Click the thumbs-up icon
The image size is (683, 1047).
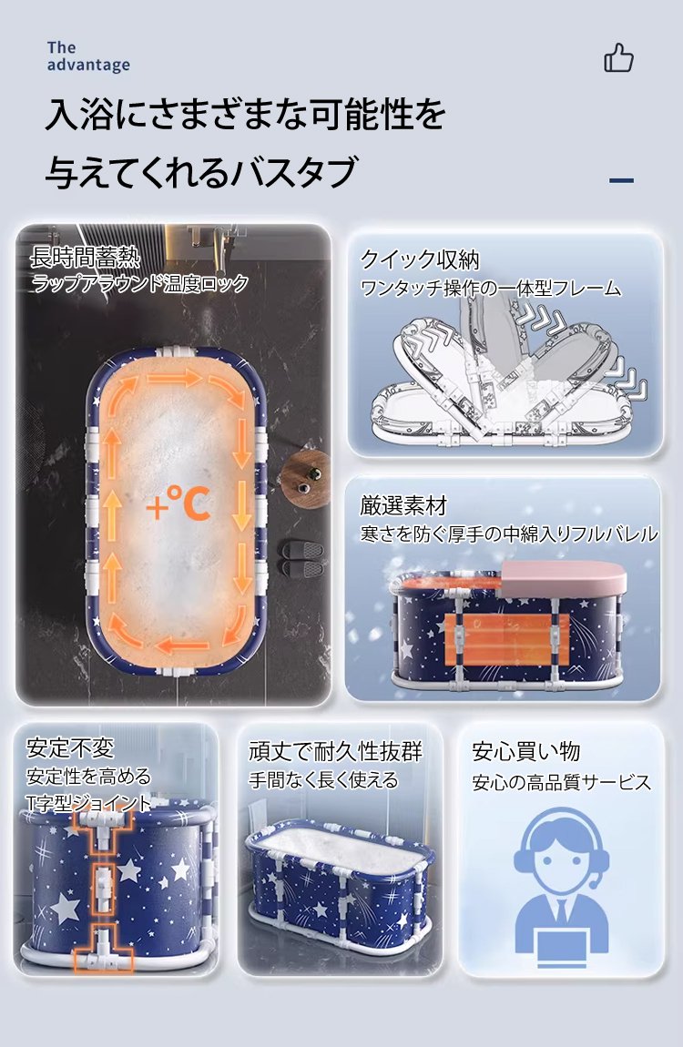[x=618, y=57]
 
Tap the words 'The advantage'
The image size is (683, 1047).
[x=88, y=56]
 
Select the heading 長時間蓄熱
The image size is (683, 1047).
[x=86, y=257]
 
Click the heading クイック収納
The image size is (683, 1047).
[x=420, y=259]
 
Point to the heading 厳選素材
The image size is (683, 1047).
[x=403, y=505]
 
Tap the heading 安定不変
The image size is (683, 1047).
[x=70, y=747]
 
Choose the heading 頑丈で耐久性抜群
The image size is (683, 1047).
[x=336, y=751]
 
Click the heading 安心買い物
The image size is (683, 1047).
[x=526, y=751]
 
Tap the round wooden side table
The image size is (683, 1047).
[x=307, y=479]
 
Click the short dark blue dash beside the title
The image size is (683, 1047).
[x=622, y=180]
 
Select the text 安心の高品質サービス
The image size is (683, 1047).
[x=562, y=782]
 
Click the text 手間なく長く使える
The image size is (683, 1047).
[x=324, y=780]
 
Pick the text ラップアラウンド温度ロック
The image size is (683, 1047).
[x=139, y=284]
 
